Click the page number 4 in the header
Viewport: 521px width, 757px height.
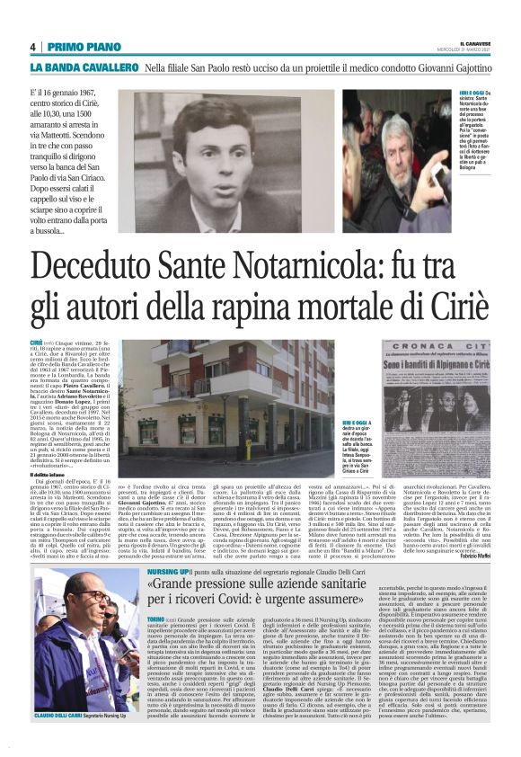pyautogui.click(x=32, y=46)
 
